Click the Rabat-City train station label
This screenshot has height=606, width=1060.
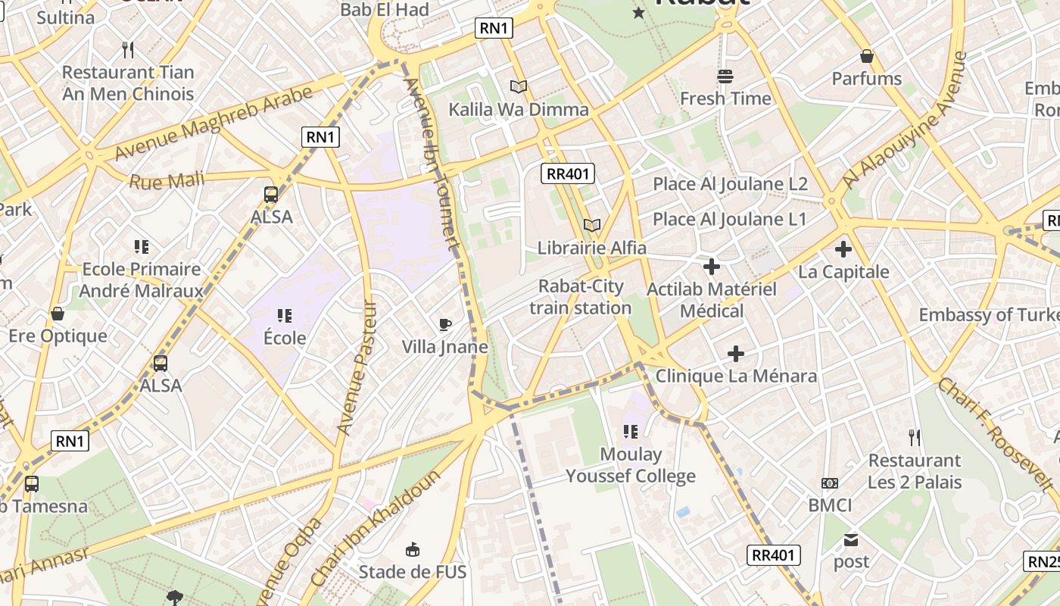click(x=581, y=297)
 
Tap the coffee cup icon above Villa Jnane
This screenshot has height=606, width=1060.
click(x=445, y=325)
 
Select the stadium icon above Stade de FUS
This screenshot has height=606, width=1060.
click(x=413, y=549)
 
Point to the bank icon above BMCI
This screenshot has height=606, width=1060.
click(x=830, y=483)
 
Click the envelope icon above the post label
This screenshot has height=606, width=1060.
click(x=852, y=540)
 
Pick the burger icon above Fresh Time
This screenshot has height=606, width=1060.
click(x=725, y=76)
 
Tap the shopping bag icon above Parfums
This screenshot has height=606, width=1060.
click(x=867, y=56)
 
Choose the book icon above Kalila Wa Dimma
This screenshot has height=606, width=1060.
click(x=519, y=87)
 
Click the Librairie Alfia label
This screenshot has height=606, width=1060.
click(x=592, y=248)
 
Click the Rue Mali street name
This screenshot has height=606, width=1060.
click(x=167, y=181)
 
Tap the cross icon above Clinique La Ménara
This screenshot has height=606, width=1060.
click(x=736, y=354)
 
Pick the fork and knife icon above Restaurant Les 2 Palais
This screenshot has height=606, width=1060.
click(x=915, y=437)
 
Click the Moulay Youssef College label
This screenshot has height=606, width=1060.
click(x=631, y=465)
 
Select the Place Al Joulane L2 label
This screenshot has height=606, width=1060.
click(x=730, y=184)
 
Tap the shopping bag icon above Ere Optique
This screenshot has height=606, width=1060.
click(x=58, y=314)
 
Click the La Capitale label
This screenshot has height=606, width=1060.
click(x=843, y=271)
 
